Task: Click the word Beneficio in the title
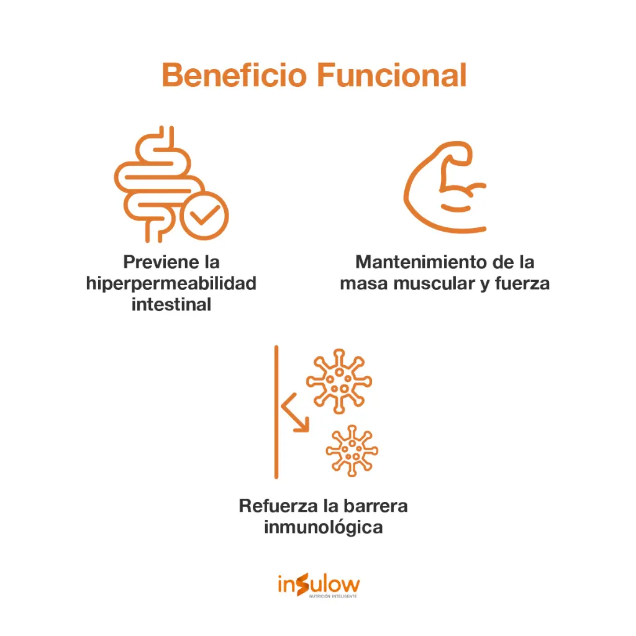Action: (x=234, y=75)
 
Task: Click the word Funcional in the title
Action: (x=392, y=75)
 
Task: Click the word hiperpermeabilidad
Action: (x=171, y=283)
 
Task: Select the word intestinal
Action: (x=171, y=304)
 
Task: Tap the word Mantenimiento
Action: (x=422, y=262)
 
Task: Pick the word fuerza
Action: (x=522, y=283)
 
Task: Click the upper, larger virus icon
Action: (x=339, y=381)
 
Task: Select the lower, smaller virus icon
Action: (x=352, y=451)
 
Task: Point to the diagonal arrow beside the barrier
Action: (x=295, y=413)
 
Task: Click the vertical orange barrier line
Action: (x=276, y=412)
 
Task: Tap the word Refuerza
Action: (x=279, y=506)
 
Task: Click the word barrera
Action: (x=376, y=506)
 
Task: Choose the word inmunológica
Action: (x=323, y=527)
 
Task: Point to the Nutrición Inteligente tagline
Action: (x=333, y=596)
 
